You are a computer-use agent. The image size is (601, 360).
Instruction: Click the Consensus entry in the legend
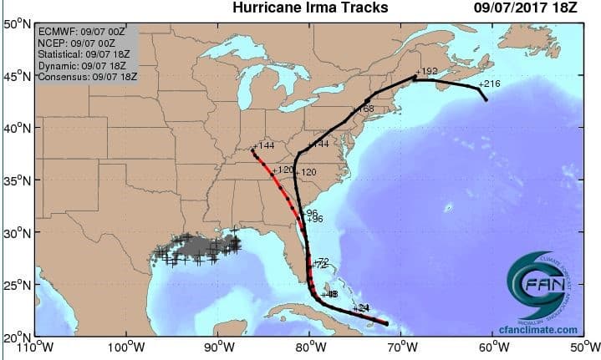pyautogui.click(x=88, y=77)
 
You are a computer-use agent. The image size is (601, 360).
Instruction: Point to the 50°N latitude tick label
pyautogui.click(x=17, y=24)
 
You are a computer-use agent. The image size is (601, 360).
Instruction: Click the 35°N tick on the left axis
pyautogui.click(x=17, y=180)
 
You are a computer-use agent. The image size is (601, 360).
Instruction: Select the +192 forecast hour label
pyautogui.click(x=427, y=72)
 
